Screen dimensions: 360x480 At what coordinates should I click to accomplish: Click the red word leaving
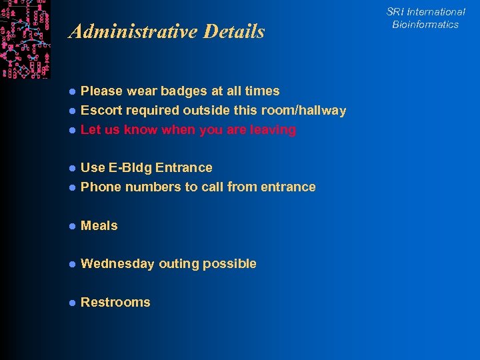pyautogui.click(x=273, y=130)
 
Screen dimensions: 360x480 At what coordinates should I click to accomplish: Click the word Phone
pyautogui.click(x=101, y=187)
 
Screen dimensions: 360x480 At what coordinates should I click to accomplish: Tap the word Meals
pyautogui.click(x=99, y=226)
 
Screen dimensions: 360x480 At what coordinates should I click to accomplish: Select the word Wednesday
pyautogui.click(x=117, y=264)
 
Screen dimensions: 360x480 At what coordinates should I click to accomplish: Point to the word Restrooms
pyautogui.click(x=115, y=303)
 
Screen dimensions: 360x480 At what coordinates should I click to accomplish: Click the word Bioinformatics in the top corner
pyautogui.click(x=425, y=25)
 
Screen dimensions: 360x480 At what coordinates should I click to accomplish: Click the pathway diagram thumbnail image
pyautogui.click(x=25, y=39)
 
